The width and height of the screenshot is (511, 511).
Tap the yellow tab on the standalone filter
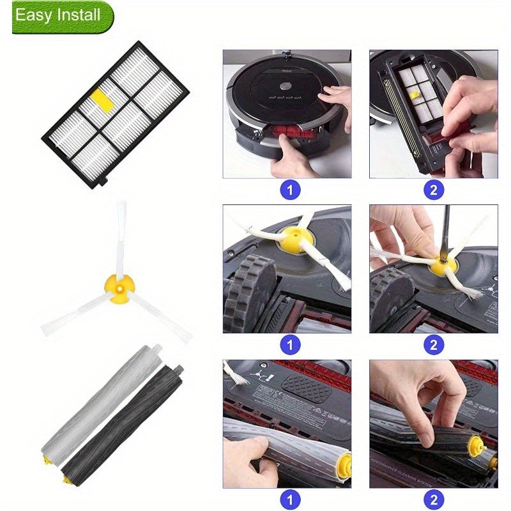tap(101, 98)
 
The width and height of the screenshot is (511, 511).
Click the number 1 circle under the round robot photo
tap(290, 190)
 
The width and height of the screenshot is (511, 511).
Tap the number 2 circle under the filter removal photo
tap(434, 190)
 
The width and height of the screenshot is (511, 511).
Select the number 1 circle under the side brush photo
tap(290, 345)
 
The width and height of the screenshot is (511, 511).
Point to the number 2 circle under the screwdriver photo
tap(434, 345)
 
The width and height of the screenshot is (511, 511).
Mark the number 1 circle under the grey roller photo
tap(290, 498)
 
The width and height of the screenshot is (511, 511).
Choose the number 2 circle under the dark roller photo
tap(434, 498)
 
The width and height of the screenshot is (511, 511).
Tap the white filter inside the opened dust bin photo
tap(418, 93)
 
